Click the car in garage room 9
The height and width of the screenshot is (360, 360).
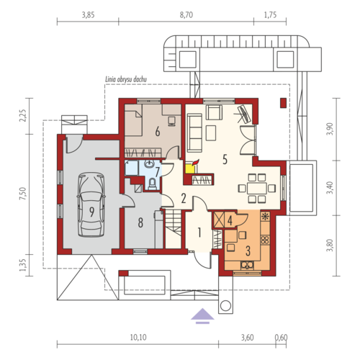[91, 204]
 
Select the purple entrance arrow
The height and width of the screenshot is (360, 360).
[202, 316]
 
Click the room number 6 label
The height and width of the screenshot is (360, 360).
[158, 132]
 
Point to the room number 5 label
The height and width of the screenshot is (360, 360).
[225, 159]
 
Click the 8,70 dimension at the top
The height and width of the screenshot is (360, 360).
[186, 15]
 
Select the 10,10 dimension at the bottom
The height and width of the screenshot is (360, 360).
[138, 338]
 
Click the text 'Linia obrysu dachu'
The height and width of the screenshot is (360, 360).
[126, 79]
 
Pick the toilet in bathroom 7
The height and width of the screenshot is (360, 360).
[152, 184]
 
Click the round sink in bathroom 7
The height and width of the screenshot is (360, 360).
[149, 164]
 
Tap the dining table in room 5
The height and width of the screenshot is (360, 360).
[257, 188]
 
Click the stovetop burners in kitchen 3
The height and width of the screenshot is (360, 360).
[265, 240]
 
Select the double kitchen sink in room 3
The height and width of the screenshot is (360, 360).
[247, 265]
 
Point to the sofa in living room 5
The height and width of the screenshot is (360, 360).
[194, 132]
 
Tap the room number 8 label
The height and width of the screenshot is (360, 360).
[140, 222]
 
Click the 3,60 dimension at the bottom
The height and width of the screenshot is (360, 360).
[247, 338]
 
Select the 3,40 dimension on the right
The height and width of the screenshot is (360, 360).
[330, 188]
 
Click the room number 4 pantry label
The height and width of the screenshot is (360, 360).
[230, 221]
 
